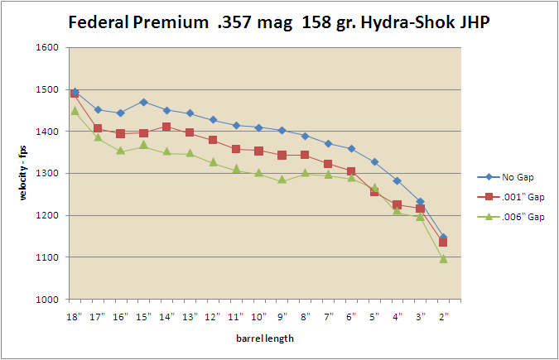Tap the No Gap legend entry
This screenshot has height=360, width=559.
coord(513,177)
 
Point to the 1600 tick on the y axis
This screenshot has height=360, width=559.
coord(46,48)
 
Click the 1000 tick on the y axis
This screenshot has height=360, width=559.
coord(46,300)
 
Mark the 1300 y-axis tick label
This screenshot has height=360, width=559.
coord(46,174)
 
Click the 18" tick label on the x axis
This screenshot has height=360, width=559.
coord(75,315)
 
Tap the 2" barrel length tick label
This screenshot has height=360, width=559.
coord(444,315)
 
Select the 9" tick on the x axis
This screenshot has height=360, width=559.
coord(282,315)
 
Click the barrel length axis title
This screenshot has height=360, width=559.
coord(259,338)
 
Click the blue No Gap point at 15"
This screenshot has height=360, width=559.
coord(144,102)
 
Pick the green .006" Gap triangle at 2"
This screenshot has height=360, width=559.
coord(444,259)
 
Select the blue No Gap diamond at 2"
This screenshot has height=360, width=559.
coord(444,238)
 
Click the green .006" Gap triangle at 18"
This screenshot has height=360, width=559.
coord(75,111)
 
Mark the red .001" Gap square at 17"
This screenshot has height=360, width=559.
coord(98,128)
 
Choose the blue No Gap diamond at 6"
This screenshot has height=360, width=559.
coord(351,149)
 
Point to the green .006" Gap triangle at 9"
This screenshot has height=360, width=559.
coord(282,180)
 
